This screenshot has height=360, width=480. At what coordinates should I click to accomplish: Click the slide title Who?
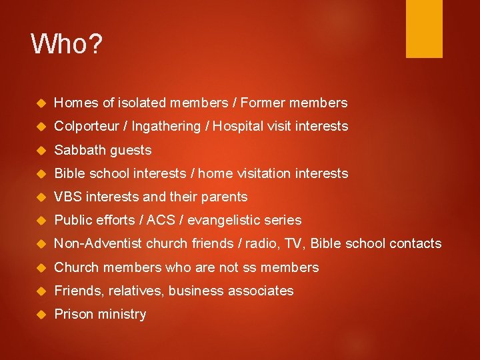tap(67, 44)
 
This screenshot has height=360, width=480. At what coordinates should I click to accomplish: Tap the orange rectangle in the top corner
tap(424, 28)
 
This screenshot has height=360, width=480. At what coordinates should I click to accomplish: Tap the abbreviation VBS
tap(67, 197)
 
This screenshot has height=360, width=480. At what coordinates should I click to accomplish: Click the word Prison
tap(73, 314)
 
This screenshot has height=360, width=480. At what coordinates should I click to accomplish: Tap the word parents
tap(225, 197)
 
